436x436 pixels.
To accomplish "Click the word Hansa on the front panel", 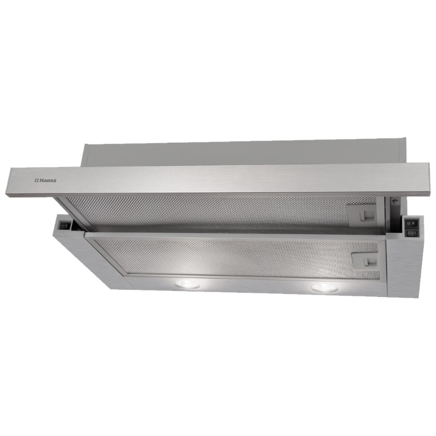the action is pos(48,180).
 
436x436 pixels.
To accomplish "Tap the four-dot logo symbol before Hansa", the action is pos(37,180).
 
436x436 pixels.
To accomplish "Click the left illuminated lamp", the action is pos(187,284).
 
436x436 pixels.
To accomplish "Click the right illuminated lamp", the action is pos(324,288).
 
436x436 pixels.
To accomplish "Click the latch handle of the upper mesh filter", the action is pos(365,215).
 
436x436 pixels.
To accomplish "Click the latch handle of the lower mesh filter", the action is pos(368,262).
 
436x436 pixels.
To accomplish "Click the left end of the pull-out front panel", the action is pos(9,182).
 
